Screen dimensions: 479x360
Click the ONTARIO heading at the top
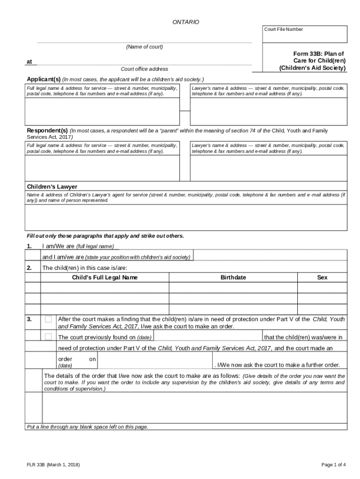pos(186,22)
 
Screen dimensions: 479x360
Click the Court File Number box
pos(305,35)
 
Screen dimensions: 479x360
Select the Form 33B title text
pos(312,61)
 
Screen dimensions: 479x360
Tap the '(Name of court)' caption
pos(144,47)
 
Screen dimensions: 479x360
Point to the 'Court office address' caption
pos(144,69)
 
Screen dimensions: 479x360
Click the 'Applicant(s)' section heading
pos(44,79)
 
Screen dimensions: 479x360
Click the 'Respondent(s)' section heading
pos(47,130)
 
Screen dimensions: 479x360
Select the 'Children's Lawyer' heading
pos(52,187)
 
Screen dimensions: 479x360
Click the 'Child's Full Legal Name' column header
pos(105,277)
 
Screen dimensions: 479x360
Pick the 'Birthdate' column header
pos(233,277)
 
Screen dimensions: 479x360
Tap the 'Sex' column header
pos(322,277)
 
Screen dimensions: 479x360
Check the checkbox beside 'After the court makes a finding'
pos(48,319)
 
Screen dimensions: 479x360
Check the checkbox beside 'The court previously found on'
pos(48,337)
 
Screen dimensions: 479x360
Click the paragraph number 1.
pos(29,246)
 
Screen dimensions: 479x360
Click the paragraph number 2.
pos(29,268)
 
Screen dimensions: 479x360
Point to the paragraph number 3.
pos(29,319)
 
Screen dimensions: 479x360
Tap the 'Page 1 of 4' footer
pos(334,464)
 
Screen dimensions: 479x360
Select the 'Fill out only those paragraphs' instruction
pos(105,236)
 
